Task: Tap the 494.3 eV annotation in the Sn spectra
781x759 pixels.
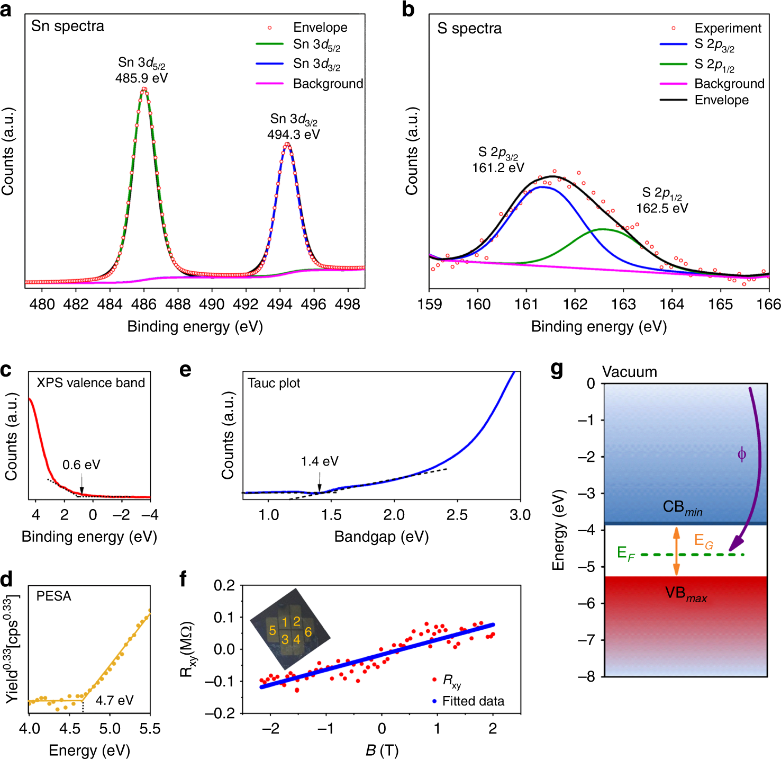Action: coord(293,135)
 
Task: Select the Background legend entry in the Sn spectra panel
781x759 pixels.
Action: coord(328,84)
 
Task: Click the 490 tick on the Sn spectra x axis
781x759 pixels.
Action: coord(212,304)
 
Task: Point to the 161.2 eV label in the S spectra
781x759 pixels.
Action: coord(498,168)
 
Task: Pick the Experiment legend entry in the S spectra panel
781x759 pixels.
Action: coord(728,28)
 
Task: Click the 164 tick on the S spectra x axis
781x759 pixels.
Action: coord(671,305)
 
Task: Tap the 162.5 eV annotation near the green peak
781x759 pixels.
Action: coord(662,208)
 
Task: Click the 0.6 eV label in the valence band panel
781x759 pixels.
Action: coord(81,465)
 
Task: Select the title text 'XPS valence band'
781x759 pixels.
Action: coord(90,383)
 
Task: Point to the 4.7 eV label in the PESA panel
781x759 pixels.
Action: coord(114,700)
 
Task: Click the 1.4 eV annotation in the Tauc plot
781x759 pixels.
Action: coord(319,461)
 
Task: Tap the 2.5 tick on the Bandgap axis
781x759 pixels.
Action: coord(457,515)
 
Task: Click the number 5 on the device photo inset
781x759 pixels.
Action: coord(273,630)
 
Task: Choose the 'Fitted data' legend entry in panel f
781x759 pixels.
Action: coord(473,701)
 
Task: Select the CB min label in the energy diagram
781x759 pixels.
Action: coord(683,507)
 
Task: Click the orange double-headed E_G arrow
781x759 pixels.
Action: coord(676,551)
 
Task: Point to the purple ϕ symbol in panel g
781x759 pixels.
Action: coord(742,454)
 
